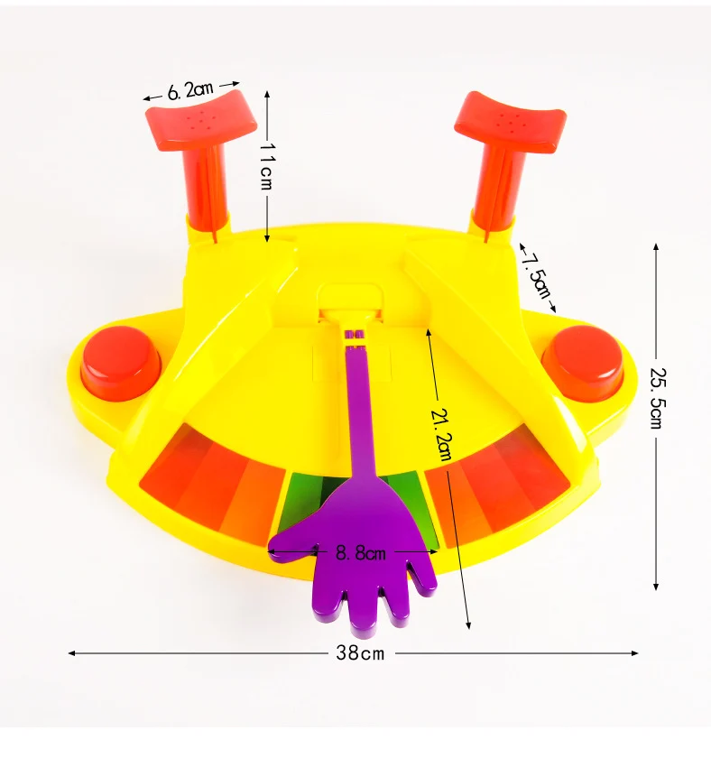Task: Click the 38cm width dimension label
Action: pyautogui.click(x=360, y=653)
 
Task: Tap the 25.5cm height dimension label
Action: pyautogui.click(x=658, y=398)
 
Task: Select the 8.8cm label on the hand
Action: pyautogui.click(x=361, y=552)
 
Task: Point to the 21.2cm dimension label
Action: pyautogui.click(x=441, y=435)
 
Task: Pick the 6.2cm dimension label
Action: pyautogui.click(x=190, y=90)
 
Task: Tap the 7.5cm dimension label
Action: pyautogui.click(x=537, y=274)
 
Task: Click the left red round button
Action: pyautogui.click(x=120, y=363)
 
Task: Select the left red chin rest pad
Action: pyautogui.click(x=201, y=120)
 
